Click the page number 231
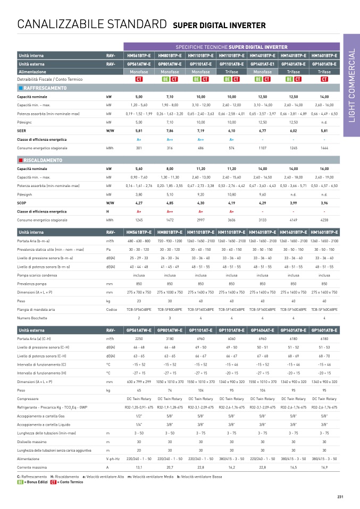340,497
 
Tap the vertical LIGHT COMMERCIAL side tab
351,85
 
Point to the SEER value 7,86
170,130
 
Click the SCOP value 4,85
170,202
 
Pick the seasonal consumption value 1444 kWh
324,148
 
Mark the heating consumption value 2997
200,220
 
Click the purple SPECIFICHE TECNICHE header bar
231,47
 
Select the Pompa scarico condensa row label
37,275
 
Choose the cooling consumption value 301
139,148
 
